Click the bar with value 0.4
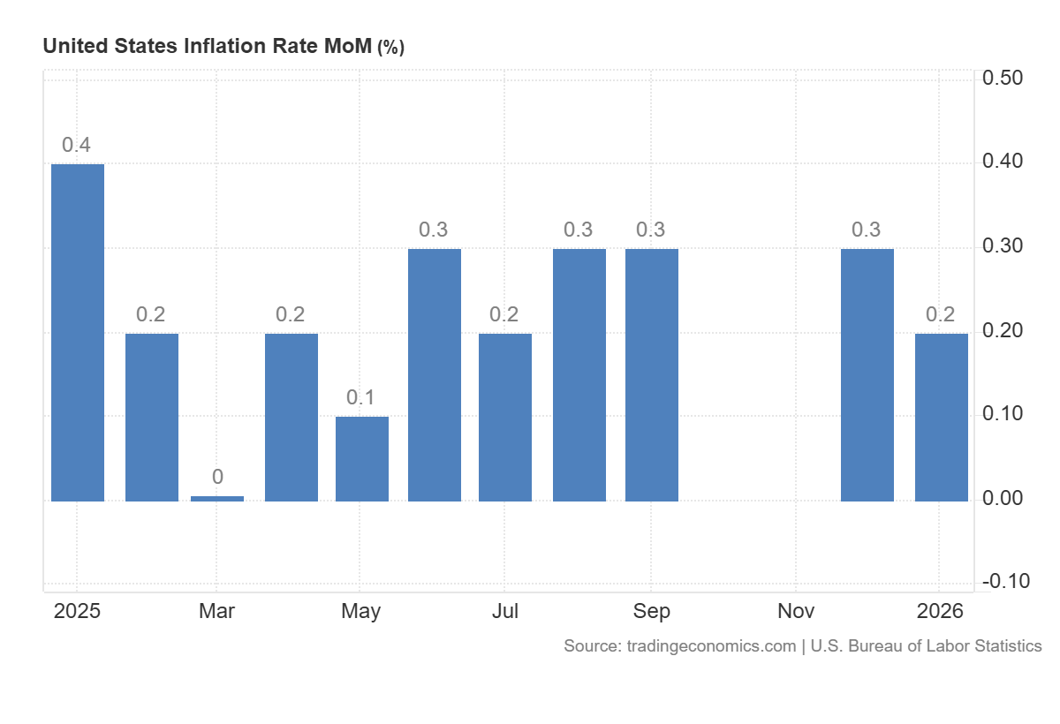point(78,332)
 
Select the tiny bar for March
point(217,499)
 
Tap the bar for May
point(362,458)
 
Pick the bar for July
point(505,417)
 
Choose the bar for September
point(652,374)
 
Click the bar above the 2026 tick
point(942,417)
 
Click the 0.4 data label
point(76,146)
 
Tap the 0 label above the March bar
point(217,478)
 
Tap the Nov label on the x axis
point(797,611)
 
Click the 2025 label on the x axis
point(77,611)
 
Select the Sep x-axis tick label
point(651,611)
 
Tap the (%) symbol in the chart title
point(390,48)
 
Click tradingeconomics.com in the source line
point(711,646)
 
